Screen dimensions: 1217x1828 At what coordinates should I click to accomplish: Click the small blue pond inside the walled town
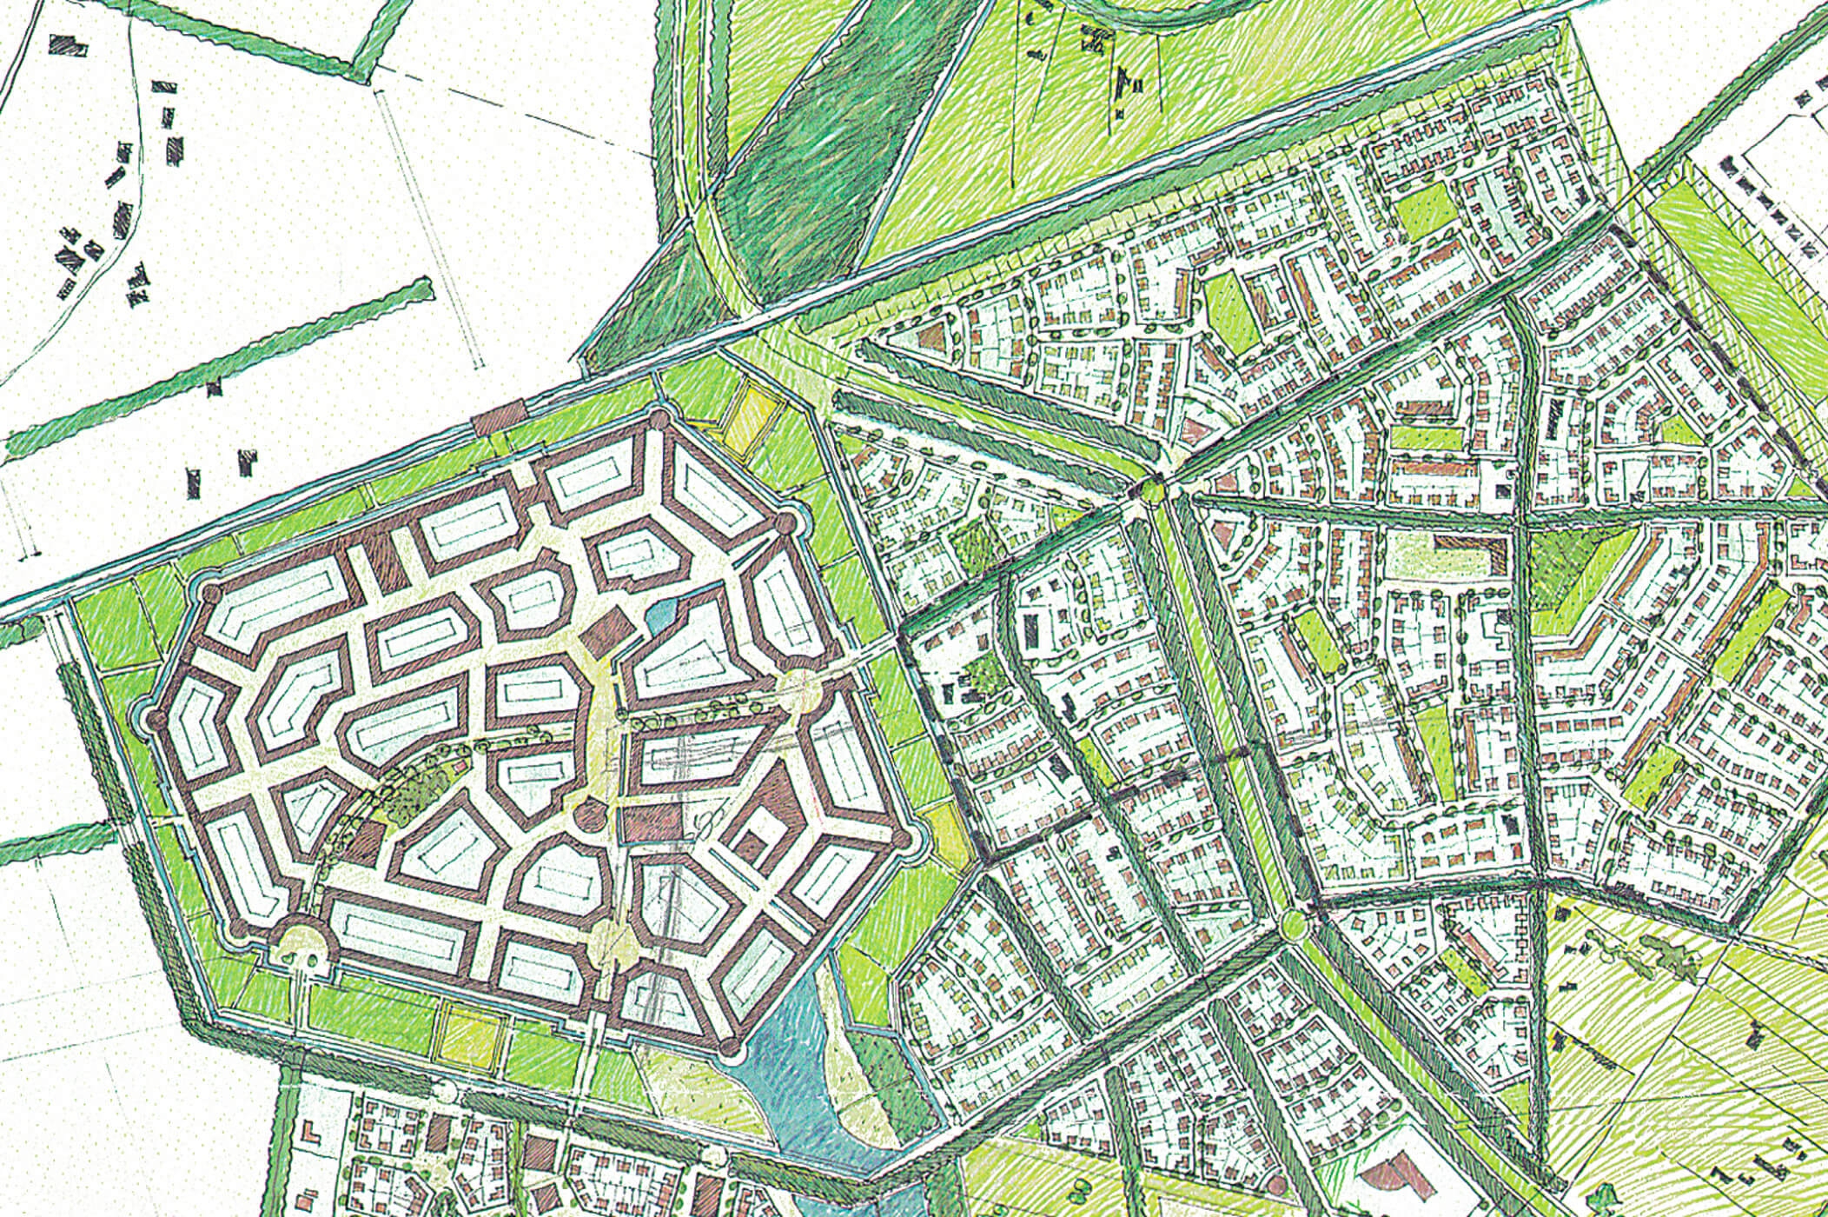[657, 616]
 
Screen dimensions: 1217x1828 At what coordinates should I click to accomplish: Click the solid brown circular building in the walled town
[590, 815]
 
